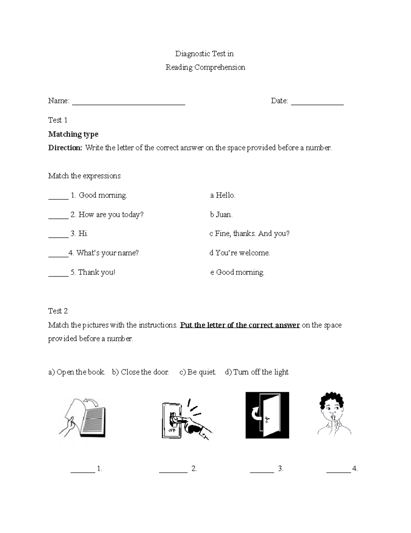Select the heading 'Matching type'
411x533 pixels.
tap(73, 134)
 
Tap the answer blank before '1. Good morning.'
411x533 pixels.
tap(58, 197)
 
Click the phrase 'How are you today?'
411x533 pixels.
tap(111, 215)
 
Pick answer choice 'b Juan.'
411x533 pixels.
tap(221, 215)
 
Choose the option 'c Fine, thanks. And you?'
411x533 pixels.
tap(249, 234)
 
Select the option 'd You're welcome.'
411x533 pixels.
tap(239, 253)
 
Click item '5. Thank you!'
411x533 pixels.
tap(93, 273)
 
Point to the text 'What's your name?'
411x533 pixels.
tap(108, 253)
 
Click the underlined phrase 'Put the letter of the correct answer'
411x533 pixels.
tap(240, 325)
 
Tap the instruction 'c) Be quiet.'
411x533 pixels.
tap(198, 372)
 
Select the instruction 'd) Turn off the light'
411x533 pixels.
tap(257, 372)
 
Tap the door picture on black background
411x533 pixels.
tap(267, 415)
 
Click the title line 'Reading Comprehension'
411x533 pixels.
tap(205, 67)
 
